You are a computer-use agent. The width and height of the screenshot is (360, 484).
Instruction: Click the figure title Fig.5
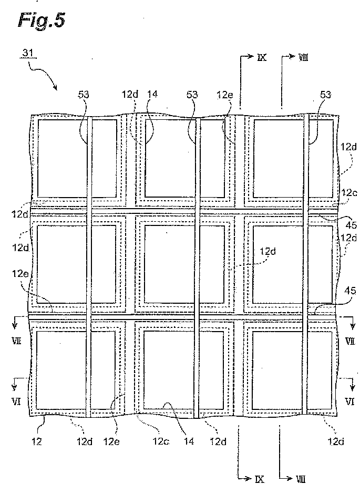pos(42,20)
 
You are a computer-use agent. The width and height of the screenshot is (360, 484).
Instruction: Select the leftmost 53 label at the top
pos(84,95)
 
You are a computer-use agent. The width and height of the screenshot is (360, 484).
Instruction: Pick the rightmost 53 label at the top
pos(325,95)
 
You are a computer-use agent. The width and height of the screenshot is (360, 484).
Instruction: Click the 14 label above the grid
pos(152,94)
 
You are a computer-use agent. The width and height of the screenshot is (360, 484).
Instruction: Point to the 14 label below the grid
pos(189,442)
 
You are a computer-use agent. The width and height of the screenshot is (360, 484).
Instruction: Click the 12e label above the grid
pos(224,95)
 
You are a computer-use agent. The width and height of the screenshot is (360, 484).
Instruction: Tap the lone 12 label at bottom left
pos(36,442)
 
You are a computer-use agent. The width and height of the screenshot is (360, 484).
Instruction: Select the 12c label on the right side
pos(349,193)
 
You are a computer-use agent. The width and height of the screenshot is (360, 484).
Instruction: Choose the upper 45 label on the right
pos(351,225)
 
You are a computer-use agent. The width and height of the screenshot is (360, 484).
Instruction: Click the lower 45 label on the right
pos(350,291)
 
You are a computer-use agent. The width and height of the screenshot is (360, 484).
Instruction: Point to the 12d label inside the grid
pos(268,252)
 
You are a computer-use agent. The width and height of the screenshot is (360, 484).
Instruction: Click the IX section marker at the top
pos(262,57)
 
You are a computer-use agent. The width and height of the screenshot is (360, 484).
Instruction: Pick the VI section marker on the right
pos(349,401)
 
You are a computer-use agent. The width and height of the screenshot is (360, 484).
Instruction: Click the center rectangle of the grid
pos(184,264)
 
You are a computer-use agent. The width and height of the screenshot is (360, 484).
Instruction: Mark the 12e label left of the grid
pos(20,273)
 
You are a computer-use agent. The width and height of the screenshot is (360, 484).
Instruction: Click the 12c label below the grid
pos(160,442)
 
